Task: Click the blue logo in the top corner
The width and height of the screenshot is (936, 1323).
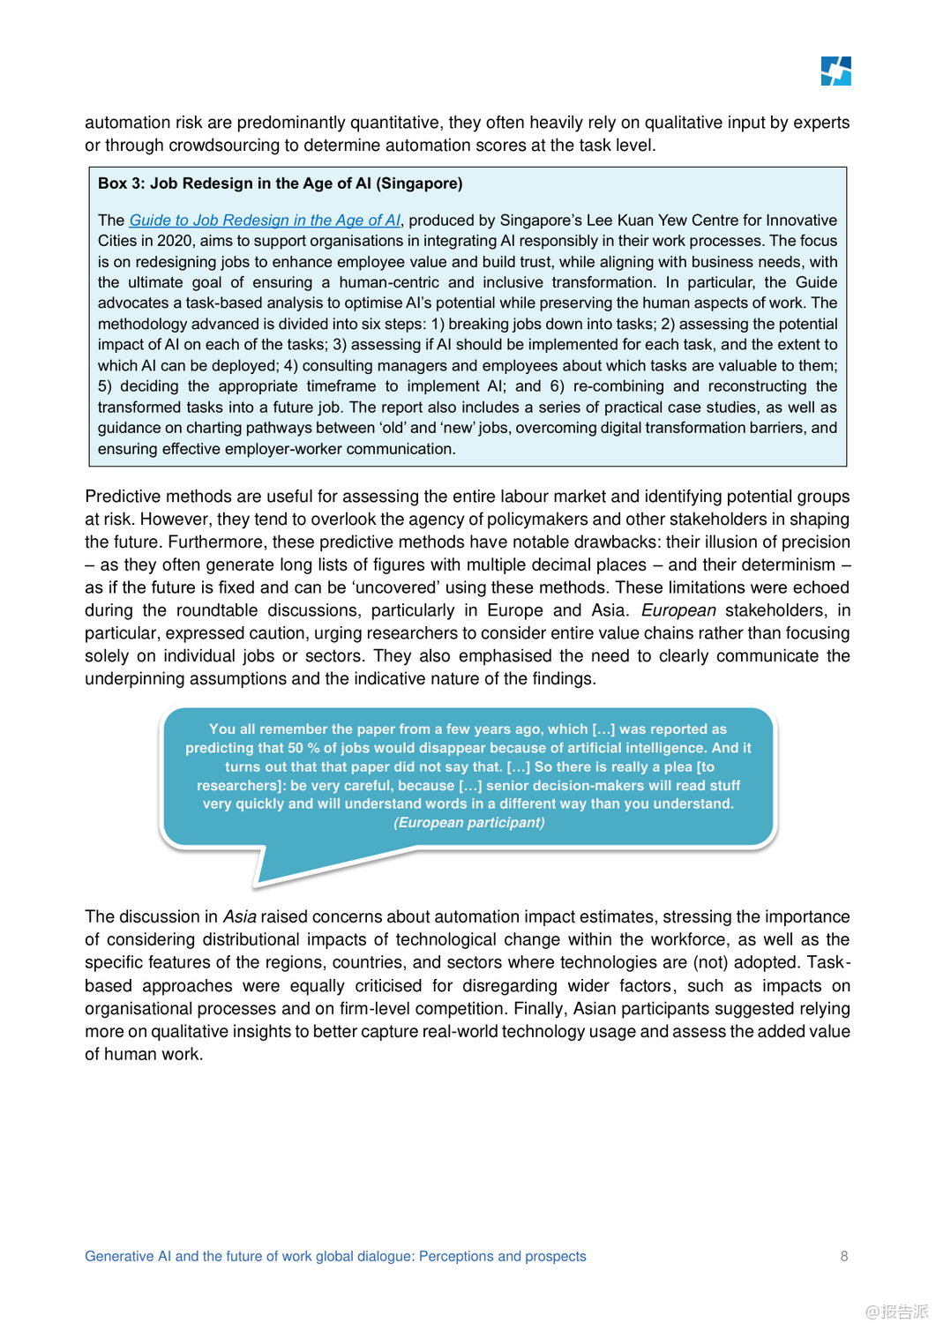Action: click(x=835, y=71)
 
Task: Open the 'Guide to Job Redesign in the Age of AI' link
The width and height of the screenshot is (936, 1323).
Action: click(x=265, y=220)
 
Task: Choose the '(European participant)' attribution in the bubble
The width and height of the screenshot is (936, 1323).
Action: click(x=468, y=823)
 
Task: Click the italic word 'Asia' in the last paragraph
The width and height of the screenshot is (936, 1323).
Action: click(x=239, y=917)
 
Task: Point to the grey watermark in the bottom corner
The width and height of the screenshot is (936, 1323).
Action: click(x=896, y=1312)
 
